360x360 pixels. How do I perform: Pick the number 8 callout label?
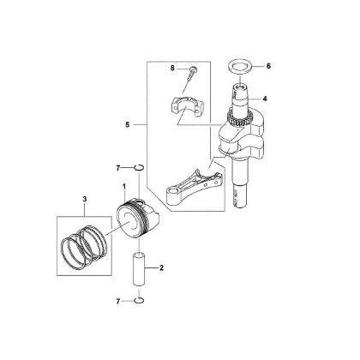[x=172, y=66]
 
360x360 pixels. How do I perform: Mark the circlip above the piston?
[x=140, y=166]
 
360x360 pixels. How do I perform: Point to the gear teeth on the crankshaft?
[x=231, y=121]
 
